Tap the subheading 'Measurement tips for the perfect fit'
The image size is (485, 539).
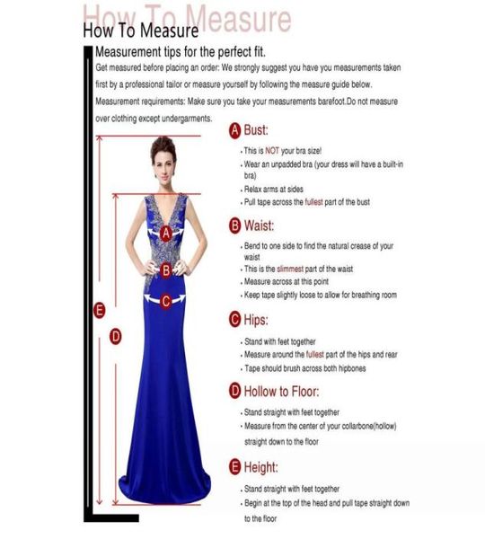(x=181, y=51)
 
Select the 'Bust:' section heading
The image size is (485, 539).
(x=256, y=130)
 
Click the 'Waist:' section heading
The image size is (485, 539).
(x=259, y=225)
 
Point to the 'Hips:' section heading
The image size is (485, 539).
(x=256, y=319)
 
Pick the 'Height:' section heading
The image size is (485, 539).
(x=260, y=467)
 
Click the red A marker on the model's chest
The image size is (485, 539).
(x=166, y=232)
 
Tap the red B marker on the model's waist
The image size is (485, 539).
(x=166, y=269)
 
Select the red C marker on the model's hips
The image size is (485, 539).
(x=166, y=302)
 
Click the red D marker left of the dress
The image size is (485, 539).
(x=115, y=336)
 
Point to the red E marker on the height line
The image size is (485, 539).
(x=100, y=311)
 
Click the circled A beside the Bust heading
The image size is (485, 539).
(x=235, y=130)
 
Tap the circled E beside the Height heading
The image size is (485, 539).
(x=235, y=467)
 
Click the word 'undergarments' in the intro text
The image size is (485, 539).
(x=185, y=118)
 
